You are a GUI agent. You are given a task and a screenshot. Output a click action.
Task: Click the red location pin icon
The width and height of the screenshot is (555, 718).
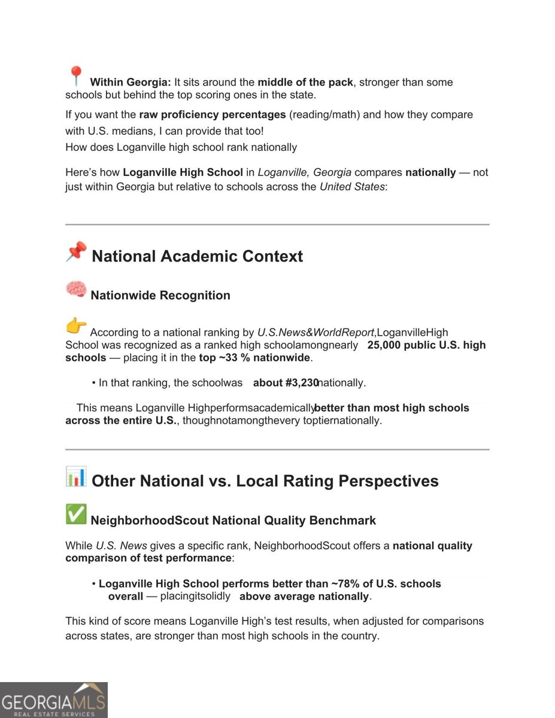pyautogui.click(x=75, y=76)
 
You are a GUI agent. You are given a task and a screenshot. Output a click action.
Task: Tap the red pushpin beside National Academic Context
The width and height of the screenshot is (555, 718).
pyautogui.click(x=76, y=252)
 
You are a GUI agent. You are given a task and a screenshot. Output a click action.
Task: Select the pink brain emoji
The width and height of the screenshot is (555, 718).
pyautogui.click(x=76, y=290)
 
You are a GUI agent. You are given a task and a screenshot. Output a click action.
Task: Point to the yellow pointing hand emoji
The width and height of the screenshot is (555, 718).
pyautogui.click(x=76, y=326)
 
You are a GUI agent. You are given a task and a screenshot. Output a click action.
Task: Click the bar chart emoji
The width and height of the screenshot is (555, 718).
pyautogui.click(x=76, y=477)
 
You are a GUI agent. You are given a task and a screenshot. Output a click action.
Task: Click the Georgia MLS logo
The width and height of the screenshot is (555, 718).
pyautogui.click(x=54, y=700)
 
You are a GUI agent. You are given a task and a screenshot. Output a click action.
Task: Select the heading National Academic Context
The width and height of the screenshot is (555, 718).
pyautogui.click(x=198, y=257)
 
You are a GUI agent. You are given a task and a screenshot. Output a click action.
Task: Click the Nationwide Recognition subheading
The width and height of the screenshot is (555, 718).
pyautogui.click(x=160, y=296)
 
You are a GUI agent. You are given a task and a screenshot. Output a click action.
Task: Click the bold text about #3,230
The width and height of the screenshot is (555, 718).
pyautogui.click(x=285, y=382)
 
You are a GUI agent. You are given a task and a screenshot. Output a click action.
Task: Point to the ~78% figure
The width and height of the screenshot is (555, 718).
pyautogui.click(x=343, y=584)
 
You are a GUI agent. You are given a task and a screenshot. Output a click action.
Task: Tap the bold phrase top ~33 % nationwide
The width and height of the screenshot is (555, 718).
pyautogui.click(x=254, y=358)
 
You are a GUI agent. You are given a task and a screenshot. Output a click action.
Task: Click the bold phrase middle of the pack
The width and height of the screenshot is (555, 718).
pyautogui.click(x=305, y=83)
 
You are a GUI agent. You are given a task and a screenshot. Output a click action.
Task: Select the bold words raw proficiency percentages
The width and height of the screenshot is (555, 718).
pyautogui.click(x=213, y=114)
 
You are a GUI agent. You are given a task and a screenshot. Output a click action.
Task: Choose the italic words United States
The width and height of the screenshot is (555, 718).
pyautogui.click(x=352, y=186)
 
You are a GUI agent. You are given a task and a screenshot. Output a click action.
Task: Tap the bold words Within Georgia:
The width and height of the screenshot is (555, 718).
pyautogui.click(x=131, y=83)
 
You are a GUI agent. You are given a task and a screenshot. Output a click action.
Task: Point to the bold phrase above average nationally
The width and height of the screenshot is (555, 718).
pyautogui.click(x=305, y=597)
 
